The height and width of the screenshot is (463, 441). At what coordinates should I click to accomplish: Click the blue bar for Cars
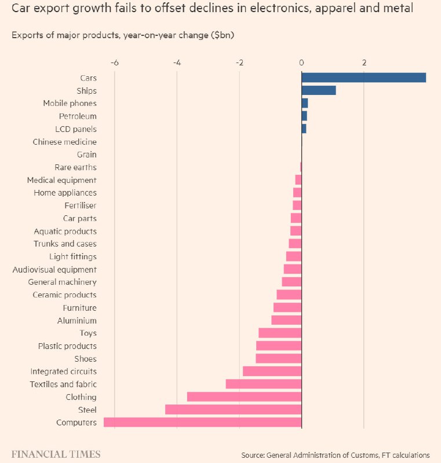363,78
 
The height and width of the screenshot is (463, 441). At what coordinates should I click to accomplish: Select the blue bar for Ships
318,90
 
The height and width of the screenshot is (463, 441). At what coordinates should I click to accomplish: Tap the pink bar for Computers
202,422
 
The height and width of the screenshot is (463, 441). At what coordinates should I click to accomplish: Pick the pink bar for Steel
233,410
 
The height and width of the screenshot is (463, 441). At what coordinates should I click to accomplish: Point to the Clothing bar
244,397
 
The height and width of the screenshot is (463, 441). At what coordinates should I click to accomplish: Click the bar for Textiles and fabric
263,384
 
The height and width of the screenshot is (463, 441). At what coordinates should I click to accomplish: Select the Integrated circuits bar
272,372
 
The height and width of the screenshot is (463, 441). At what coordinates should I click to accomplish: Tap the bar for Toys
279,333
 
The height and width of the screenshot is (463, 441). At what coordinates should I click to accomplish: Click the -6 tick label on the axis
114,63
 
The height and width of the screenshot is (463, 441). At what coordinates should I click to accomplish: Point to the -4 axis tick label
177,63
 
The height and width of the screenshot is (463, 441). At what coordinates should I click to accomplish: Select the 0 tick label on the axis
301,63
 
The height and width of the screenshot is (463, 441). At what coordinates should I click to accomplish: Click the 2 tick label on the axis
364,63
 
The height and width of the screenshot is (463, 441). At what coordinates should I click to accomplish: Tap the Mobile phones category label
70,104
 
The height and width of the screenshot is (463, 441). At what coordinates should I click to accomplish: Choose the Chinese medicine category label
64,142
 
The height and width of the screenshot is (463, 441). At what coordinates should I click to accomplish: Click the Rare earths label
75,167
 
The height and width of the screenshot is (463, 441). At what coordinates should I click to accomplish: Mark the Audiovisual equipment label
54,270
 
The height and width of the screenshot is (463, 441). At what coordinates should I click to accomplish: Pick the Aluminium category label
76,321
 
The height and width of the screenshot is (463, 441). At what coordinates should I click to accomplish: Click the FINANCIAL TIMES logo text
56,454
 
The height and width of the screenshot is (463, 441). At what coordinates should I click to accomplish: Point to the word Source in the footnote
254,455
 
